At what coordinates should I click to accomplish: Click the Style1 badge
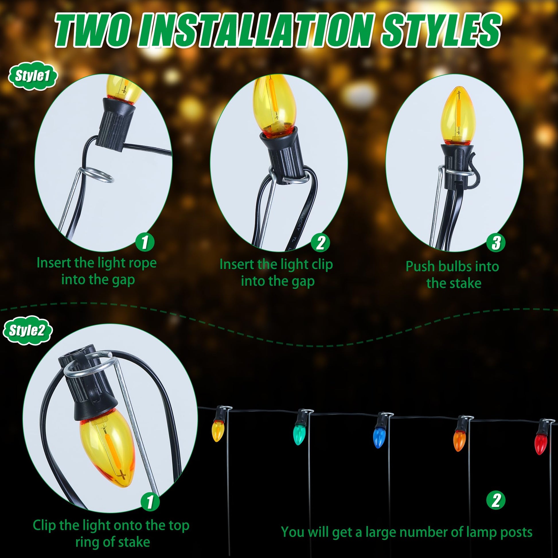tap(33, 76)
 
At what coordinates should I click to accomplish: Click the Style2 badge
tap(28, 330)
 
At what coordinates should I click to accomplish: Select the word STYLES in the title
tap(441, 30)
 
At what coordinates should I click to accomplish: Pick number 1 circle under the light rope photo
tap(145, 242)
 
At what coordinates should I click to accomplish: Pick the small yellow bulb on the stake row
tap(217, 431)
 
